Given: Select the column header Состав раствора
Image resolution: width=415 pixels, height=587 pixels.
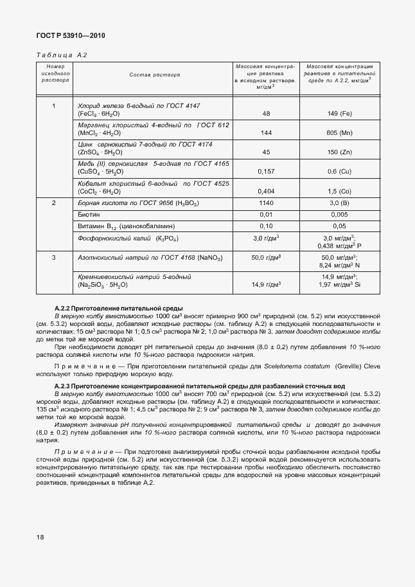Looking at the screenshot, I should click(x=154, y=75).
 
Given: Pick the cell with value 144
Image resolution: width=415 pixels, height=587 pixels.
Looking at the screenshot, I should click(x=265, y=132).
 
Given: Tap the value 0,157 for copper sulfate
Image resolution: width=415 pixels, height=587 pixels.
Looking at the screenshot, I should click(x=265, y=172).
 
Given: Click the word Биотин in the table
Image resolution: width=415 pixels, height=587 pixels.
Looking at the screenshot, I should click(x=89, y=214).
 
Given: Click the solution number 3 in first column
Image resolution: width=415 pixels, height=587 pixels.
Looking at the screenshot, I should click(x=54, y=258).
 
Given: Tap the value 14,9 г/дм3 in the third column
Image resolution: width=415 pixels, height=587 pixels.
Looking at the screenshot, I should click(x=265, y=284).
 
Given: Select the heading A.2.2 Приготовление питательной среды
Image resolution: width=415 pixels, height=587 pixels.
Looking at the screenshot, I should click(x=119, y=309).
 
